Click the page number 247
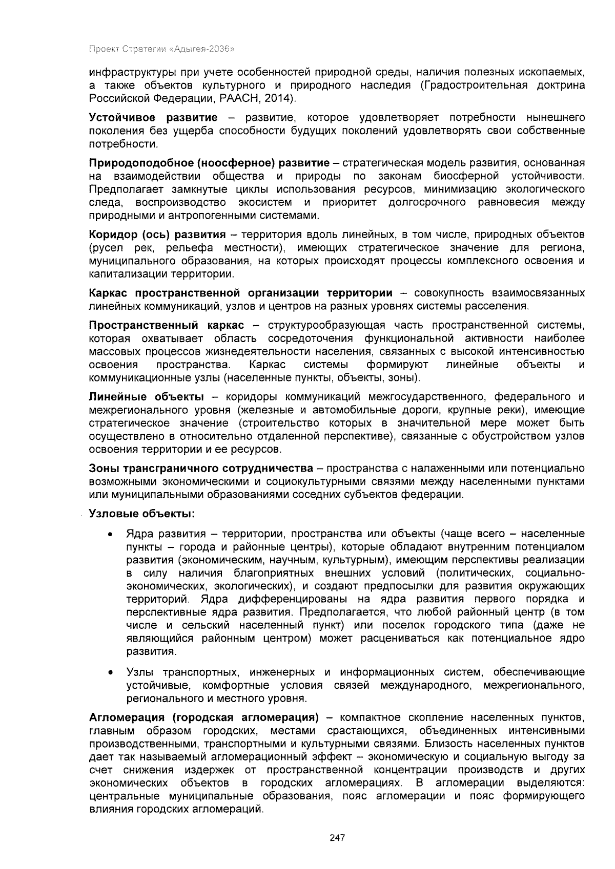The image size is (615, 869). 337,838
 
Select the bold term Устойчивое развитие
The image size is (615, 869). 153,118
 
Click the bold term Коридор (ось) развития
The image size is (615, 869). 157,235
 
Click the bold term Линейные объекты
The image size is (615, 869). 146,397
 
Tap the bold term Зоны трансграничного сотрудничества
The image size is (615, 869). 200,469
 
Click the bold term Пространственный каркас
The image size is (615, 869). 166,326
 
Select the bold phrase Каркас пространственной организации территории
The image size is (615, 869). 240,293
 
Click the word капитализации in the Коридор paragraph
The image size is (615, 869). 121,274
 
